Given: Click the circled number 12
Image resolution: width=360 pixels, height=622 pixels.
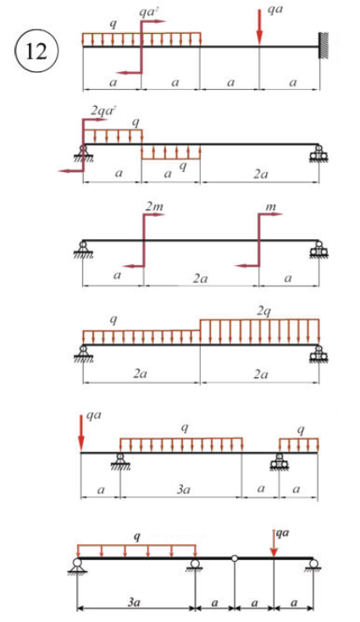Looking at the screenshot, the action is (36, 51).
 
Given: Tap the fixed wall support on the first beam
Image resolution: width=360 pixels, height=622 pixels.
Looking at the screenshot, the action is (324, 47).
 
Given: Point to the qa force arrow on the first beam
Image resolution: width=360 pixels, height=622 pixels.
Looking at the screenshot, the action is (259, 25).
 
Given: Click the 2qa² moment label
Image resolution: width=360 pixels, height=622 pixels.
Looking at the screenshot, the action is (102, 111).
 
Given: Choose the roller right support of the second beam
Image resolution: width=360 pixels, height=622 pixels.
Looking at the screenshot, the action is (318, 153).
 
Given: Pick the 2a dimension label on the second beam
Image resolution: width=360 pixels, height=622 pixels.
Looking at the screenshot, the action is (261, 175).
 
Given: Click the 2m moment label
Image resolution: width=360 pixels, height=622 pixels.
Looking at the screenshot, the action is (154, 206).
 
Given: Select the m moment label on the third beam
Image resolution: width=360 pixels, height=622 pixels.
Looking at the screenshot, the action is (272, 207).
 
